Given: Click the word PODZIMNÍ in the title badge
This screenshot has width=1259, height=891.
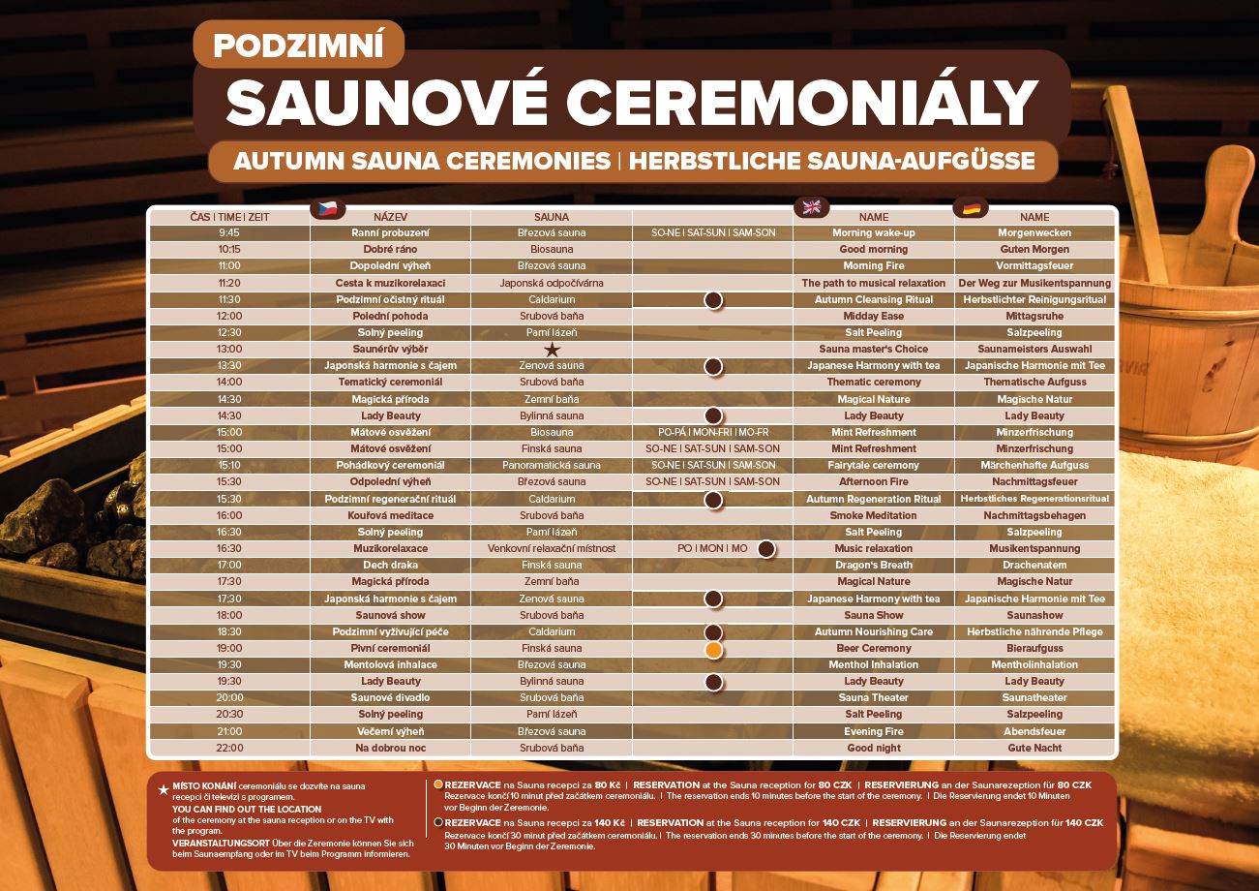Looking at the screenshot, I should (x=299, y=45).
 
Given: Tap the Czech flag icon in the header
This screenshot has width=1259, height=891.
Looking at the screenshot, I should (x=327, y=208).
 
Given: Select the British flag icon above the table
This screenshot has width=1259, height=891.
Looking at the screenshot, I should (x=811, y=207).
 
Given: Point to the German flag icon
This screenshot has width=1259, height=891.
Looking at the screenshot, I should (x=971, y=207).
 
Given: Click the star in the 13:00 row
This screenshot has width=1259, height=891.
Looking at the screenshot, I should (x=552, y=350).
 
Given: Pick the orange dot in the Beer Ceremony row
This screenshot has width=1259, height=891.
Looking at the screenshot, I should (x=713, y=649).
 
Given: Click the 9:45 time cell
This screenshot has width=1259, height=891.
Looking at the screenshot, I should (x=229, y=233).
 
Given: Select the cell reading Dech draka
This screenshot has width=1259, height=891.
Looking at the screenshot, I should (x=390, y=566).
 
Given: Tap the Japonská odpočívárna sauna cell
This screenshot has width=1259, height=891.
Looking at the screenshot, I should (x=552, y=283).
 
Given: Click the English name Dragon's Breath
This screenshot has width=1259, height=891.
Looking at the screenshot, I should (x=874, y=566).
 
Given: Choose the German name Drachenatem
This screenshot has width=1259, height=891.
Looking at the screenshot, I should (x=1034, y=566).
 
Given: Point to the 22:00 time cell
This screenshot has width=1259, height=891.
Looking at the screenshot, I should (x=229, y=749).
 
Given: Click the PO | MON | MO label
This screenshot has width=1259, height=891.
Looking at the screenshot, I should (x=712, y=549).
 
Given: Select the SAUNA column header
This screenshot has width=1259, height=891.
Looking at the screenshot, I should (x=552, y=217).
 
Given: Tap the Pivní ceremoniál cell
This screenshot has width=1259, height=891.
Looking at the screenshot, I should (x=390, y=649).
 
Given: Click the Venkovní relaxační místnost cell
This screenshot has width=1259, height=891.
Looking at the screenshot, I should (x=552, y=549).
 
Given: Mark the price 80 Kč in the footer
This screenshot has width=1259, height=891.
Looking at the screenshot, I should (x=608, y=784).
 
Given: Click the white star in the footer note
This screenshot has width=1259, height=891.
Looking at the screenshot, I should (x=164, y=790).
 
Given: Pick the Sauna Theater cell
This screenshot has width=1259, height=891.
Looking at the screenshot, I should (x=874, y=698).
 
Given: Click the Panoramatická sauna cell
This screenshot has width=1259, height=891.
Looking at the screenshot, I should (x=552, y=466).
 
